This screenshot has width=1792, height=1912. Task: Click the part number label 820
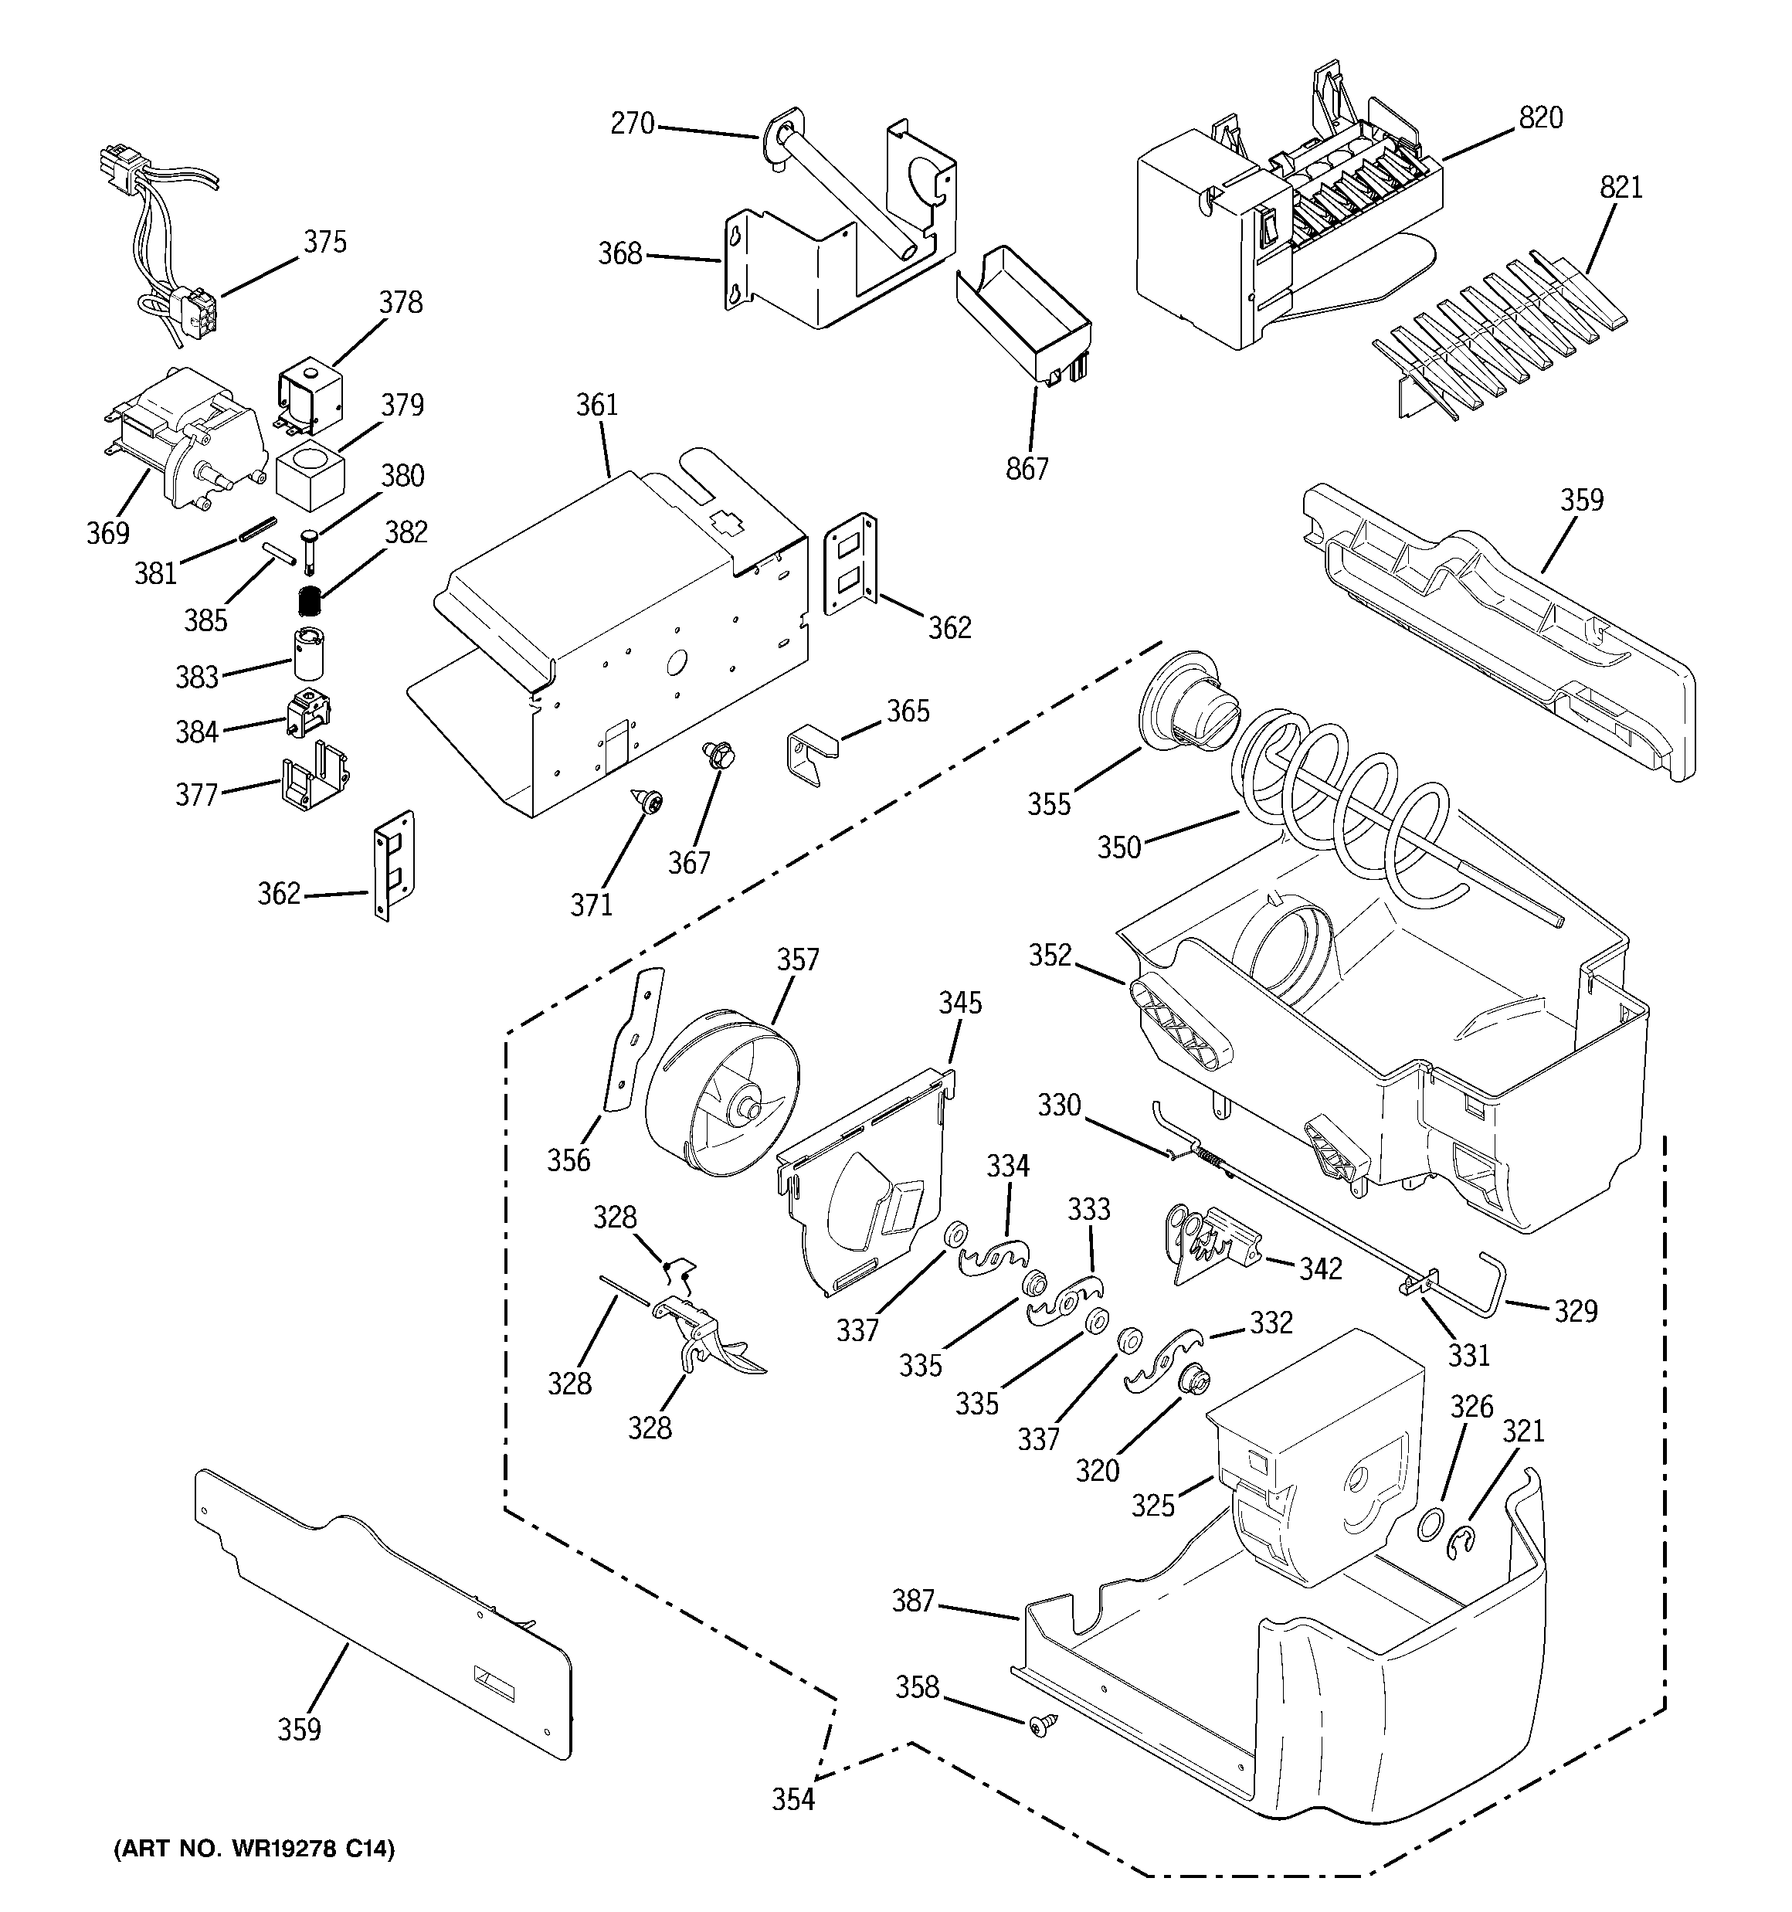coord(1540,117)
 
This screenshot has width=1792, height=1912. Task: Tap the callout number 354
coord(792,1798)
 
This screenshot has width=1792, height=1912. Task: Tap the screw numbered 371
coord(648,800)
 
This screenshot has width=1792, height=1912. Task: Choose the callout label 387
coord(913,1601)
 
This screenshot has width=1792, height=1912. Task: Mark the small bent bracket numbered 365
coord(811,757)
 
